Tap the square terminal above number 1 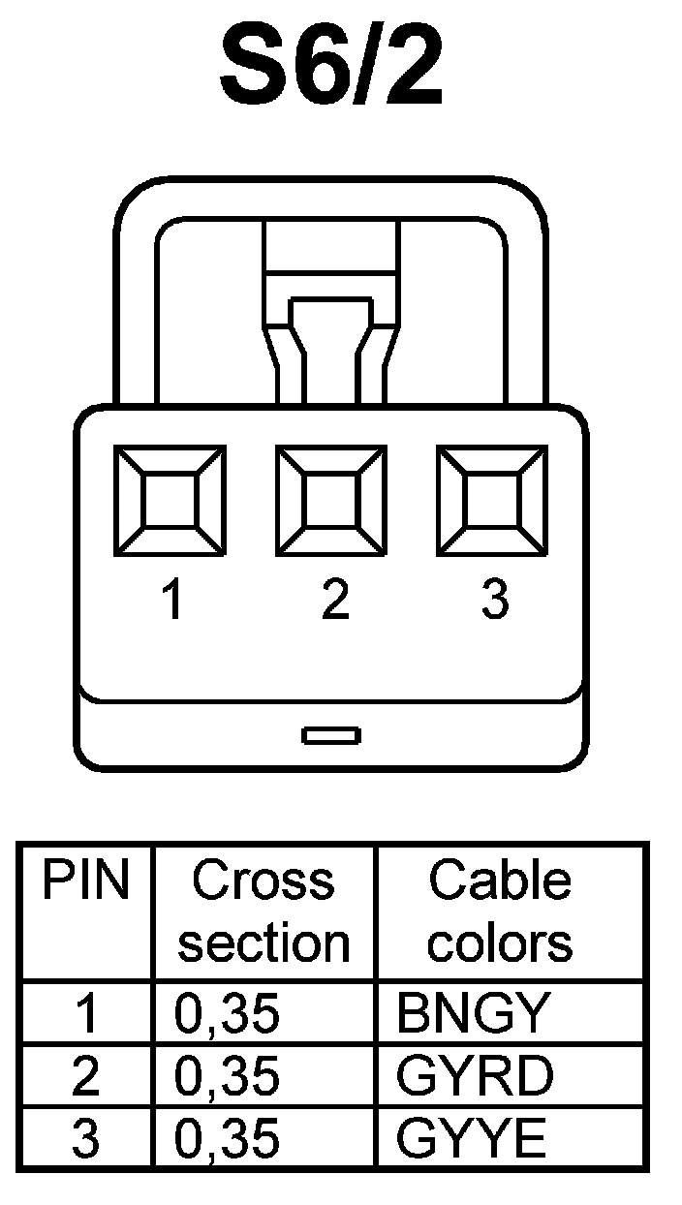tap(170, 500)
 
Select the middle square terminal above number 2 tap(331, 500)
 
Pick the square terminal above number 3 tap(492, 500)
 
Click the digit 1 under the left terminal tap(172, 601)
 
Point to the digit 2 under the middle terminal tap(333, 601)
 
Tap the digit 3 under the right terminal tap(494, 601)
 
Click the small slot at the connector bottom tap(331, 735)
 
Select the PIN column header tap(85, 881)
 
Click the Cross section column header tap(263, 911)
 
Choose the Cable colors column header tap(500, 911)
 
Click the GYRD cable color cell tap(475, 1076)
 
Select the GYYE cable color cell tap(472, 1139)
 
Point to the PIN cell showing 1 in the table tap(86, 1014)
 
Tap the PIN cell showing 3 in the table tap(86, 1139)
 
